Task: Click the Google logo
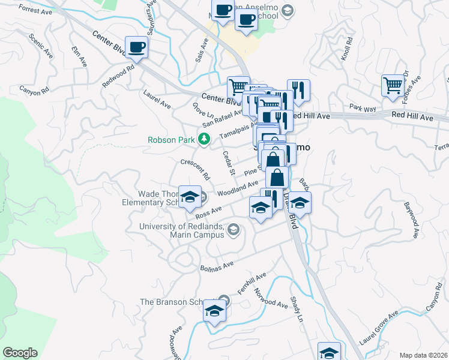click(x=20, y=353)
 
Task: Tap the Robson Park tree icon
click(x=205, y=140)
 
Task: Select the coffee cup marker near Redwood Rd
click(x=137, y=47)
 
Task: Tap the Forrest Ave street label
click(x=35, y=10)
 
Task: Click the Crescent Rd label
click(x=196, y=170)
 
